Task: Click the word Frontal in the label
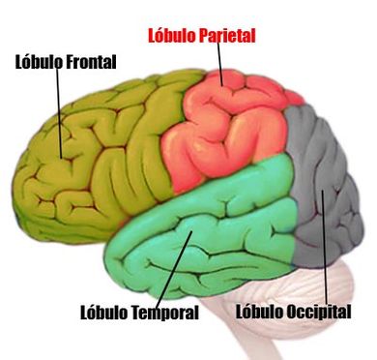[x=91, y=63]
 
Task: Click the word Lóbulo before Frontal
[x=39, y=63]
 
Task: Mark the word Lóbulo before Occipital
[x=259, y=313]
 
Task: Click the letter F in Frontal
[x=70, y=63]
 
